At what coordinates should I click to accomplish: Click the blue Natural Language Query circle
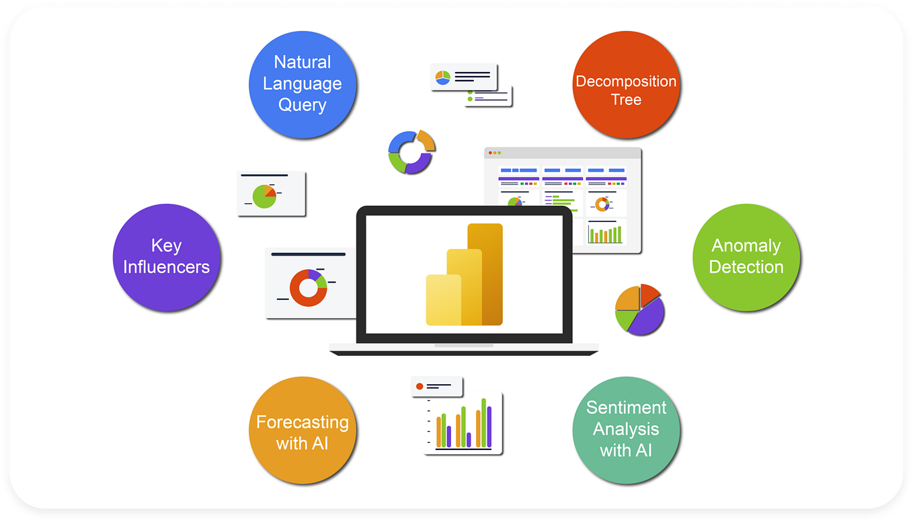coord(302,84)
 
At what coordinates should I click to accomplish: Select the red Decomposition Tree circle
coord(626,85)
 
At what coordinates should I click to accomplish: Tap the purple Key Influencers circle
coord(166,257)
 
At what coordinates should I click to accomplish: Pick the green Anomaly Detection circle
coord(746,257)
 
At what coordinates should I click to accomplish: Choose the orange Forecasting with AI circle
coord(302,431)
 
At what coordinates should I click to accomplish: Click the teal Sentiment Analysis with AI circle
coord(626,431)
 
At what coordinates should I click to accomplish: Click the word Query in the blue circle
coord(302,106)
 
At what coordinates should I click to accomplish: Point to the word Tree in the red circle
coord(626,100)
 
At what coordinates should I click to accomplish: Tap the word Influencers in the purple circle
coord(166,267)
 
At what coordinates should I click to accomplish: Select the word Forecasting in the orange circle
coord(302,422)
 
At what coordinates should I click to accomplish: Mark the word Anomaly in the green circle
coord(746,246)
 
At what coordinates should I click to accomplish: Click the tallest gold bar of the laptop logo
coord(485,274)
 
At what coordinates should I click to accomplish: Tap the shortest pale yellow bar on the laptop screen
coord(444,300)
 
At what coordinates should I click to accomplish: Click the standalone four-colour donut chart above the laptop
coord(411,152)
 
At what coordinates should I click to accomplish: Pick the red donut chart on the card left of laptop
coord(309,288)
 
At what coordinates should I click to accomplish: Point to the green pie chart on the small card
coord(264,196)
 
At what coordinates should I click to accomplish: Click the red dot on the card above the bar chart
coord(420,387)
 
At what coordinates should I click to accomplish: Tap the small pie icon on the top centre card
coord(442,77)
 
